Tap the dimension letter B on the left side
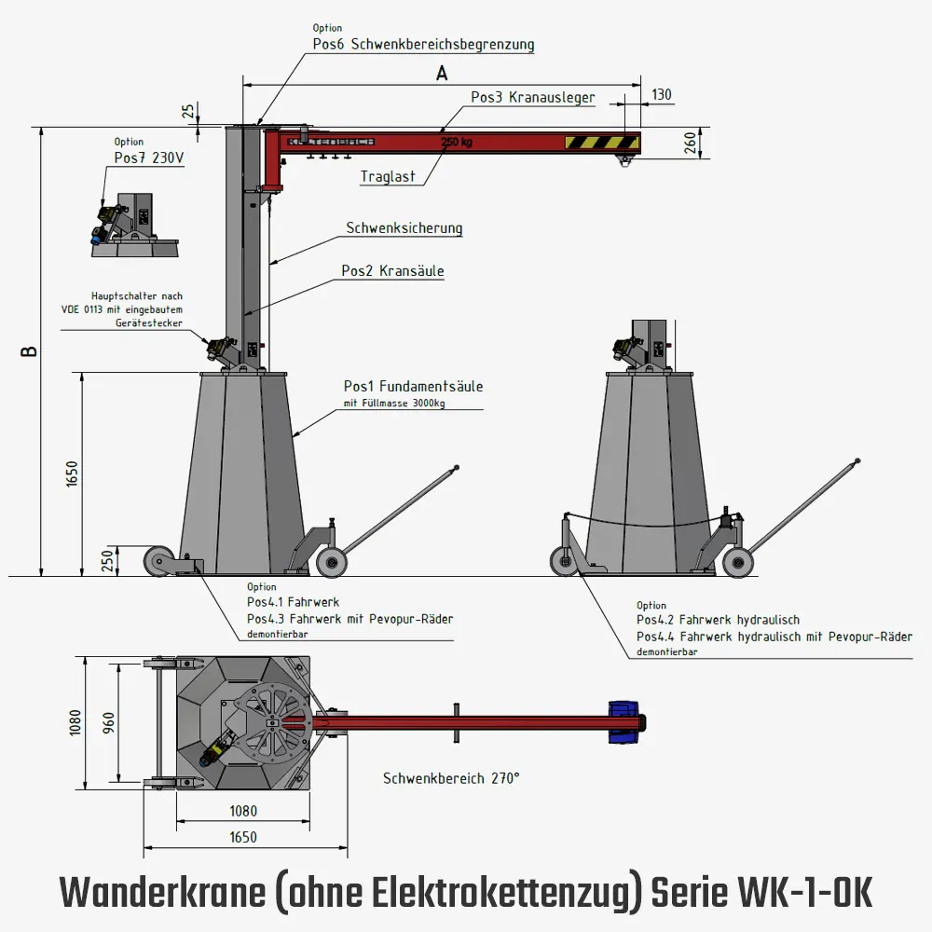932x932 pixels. (30, 352)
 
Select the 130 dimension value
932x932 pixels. (661, 94)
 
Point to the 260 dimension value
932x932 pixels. (691, 143)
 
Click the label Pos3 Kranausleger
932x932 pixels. (532, 97)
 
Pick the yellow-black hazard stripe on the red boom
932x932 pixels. (601, 143)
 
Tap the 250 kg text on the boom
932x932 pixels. (456, 143)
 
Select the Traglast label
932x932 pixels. (388, 176)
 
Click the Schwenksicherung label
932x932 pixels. (404, 227)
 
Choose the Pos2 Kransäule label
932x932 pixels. (391, 271)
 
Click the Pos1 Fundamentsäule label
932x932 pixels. (413, 386)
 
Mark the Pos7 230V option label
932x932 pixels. (149, 158)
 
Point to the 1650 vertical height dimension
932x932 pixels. (72, 474)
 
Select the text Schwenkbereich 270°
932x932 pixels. (450, 777)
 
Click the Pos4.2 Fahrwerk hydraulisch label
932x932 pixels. (718, 619)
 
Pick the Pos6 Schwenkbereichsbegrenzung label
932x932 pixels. (423, 44)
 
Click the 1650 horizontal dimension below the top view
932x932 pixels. (242, 837)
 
